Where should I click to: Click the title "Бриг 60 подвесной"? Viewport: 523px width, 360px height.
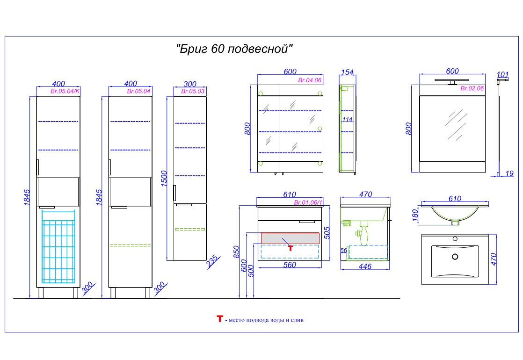pyautogui.click(x=234, y=49)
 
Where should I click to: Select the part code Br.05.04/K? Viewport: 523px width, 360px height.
pyautogui.click(x=65, y=91)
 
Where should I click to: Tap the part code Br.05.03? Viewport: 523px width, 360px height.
pyautogui.click(x=193, y=91)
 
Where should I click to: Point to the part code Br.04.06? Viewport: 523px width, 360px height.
pyautogui.click(x=310, y=80)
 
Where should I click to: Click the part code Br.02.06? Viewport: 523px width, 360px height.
pyautogui.click(x=472, y=88)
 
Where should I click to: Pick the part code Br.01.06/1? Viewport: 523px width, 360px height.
pyautogui.click(x=308, y=202)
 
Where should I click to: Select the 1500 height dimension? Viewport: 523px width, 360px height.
pyautogui.click(x=164, y=179)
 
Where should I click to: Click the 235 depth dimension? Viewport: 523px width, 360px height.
pyautogui.click(x=213, y=261)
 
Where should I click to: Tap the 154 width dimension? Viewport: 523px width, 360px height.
pyautogui.click(x=347, y=72)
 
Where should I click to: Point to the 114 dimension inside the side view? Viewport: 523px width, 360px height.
pyautogui.click(x=347, y=119)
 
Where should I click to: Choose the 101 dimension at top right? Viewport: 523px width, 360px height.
pyautogui.click(x=503, y=75)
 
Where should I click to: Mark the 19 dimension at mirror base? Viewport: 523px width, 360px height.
pyautogui.click(x=509, y=173)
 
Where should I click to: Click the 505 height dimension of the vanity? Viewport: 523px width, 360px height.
pyautogui.click(x=327, y=233)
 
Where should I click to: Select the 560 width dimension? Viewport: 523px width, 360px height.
pyautogui.click(x=290, y=265)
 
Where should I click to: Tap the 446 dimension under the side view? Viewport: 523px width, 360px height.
pyautogui.click(x=365, y=266)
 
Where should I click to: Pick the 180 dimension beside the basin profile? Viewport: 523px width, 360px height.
pyautogui.click(x=415, y=215)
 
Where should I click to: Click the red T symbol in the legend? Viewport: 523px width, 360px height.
pyautogui.click(x=219, y=319)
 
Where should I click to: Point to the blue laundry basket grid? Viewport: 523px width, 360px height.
pyautogui.click(x=58, y=247)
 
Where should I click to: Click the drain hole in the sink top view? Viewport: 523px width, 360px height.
pyautogui.click(x=455, y=256)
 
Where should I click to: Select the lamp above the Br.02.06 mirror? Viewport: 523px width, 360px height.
pyautogui.click(x=452, y=81)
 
